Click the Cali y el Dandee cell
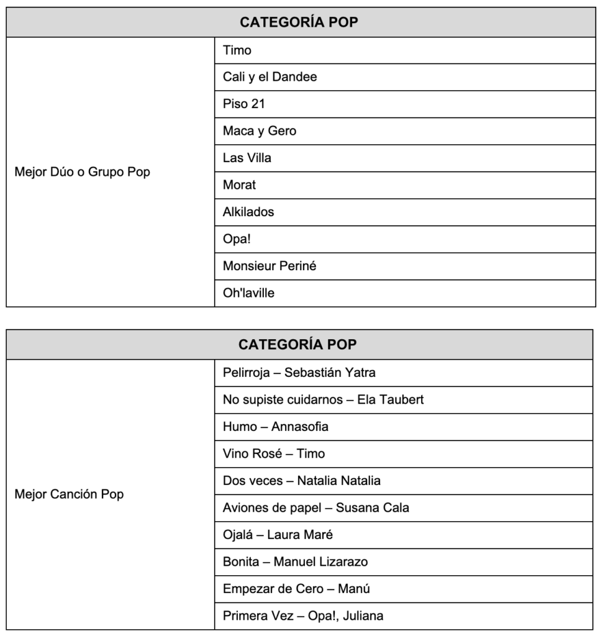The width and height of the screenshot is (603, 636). [270, 77]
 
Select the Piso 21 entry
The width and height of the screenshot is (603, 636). [244, 104]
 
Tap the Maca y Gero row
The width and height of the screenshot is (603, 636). [260, 131]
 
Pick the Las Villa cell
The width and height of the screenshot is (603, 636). [247, 158]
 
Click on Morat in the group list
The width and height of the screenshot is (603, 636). [240, 185]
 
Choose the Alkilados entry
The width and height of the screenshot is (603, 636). [248, 212]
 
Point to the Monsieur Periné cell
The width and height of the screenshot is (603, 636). [270, 266]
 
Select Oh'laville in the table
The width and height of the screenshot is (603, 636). [248, 293]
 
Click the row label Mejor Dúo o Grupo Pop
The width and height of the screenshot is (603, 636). [82, 172]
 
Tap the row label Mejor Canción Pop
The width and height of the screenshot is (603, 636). [69, 494]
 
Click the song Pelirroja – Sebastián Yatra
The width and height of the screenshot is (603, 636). [299, 373]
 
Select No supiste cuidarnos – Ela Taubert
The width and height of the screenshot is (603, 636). [323, 400]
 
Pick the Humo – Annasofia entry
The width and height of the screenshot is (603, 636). [276, 427]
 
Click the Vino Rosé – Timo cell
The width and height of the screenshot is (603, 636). [274, 454]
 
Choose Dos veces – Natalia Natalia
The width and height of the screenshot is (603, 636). [302, 481]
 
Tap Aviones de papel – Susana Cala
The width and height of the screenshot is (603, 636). [316, 508]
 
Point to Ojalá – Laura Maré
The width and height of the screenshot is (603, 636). [278, 535]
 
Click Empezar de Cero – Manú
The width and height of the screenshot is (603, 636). [296, 589]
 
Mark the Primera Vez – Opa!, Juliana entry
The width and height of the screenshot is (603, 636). [303, 616]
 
